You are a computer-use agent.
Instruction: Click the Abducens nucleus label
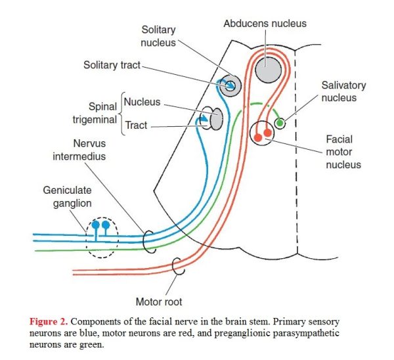[265, 24]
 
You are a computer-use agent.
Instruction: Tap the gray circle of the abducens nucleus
[268, 70]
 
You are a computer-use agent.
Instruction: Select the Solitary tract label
[112, 65]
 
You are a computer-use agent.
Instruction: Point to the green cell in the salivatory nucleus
[280, 123]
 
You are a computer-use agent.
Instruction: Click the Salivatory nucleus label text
[343, 91]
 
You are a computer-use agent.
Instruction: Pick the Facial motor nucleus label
[343, 152]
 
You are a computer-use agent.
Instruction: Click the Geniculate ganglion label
[68, 196]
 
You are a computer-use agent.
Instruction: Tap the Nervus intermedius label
[79, 150]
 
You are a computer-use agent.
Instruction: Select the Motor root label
[159, 302]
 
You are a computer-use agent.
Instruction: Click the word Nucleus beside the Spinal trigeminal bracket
[142, 102]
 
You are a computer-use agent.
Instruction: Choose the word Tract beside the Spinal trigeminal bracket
[136, 125]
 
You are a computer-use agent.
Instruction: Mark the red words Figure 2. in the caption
[49, 321]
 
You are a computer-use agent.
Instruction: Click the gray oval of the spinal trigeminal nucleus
[216, 119]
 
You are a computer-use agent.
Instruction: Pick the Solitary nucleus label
[158, 36]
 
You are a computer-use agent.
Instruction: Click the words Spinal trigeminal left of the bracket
[95, 113]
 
